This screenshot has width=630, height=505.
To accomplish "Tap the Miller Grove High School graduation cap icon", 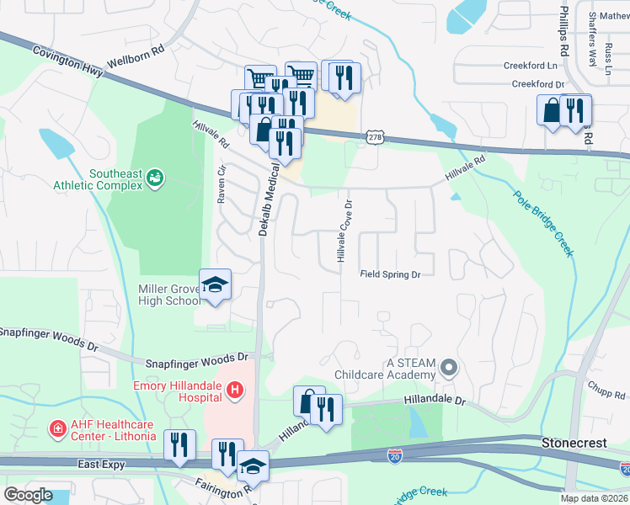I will pyautogui.click(x=216, y=285).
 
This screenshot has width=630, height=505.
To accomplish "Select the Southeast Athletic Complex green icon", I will pyautogui.click(x=154, y=177).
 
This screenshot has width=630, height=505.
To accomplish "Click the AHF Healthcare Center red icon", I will pyautogui.click(x=57, y=429).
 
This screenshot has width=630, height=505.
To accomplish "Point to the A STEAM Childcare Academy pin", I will pyautogui.click(x=449, y=367).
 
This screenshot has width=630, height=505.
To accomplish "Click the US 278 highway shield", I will pyautogui.click(x=376, y=136).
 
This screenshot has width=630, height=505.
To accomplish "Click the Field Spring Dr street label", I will pyautogui.click(x=390, y=274).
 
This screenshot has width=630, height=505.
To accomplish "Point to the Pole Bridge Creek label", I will pyautogui.click(x=543, y=222).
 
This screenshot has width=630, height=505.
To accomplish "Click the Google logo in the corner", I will pyautogui.click(x=28, y=494).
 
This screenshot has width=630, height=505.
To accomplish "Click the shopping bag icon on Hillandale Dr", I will pyautogui.click(x=308, y=401).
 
